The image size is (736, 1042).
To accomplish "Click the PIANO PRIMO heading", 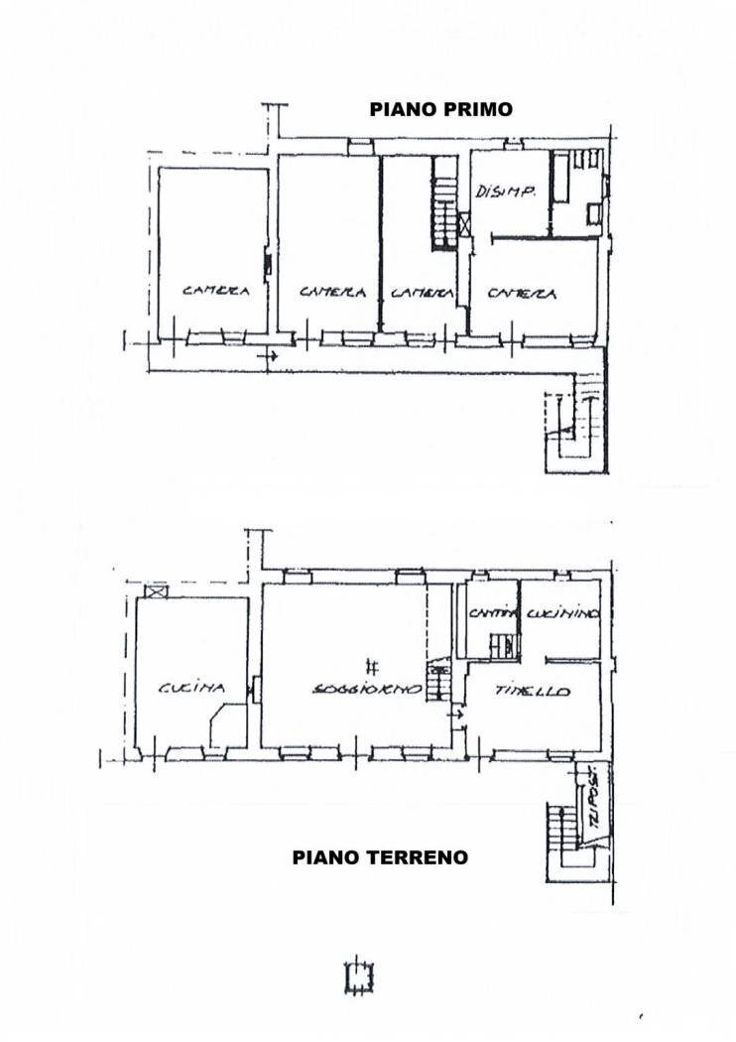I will coord(441,109).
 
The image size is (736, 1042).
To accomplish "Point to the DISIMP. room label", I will coord(506,193).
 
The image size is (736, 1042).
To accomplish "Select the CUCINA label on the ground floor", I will coord(191,687).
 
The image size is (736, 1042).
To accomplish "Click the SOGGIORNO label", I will coord(367,689).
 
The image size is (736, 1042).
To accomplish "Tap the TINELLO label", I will coord(533,691).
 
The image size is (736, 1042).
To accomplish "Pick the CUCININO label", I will coord(562,615).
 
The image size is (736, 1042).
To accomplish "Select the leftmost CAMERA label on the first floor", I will coord(214,292).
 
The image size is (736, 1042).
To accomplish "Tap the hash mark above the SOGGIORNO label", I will coord(370,666).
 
